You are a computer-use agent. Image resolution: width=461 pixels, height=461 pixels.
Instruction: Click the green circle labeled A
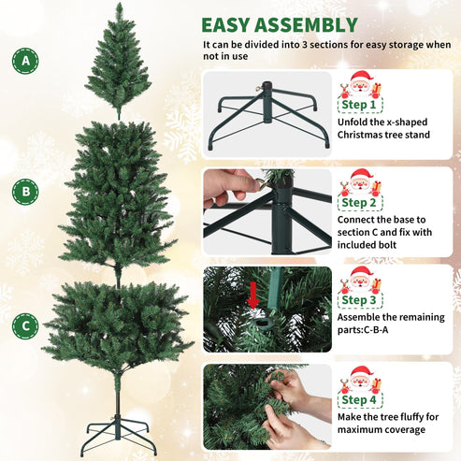click(24, 62)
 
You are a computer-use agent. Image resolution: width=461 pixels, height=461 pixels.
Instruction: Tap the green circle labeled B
click(24, 192)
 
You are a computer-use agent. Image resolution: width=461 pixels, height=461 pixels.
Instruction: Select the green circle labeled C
click(24, 324)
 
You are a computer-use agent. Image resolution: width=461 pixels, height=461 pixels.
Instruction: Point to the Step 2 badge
click(360, 202)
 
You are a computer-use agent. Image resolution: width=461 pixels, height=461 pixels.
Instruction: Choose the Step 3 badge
click(360, 300)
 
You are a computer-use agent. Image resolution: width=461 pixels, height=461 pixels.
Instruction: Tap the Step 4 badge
click(360, 399)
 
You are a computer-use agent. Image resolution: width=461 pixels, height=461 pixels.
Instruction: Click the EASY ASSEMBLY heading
click(279, 25)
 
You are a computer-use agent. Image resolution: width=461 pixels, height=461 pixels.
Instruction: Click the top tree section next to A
click(119, 62)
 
